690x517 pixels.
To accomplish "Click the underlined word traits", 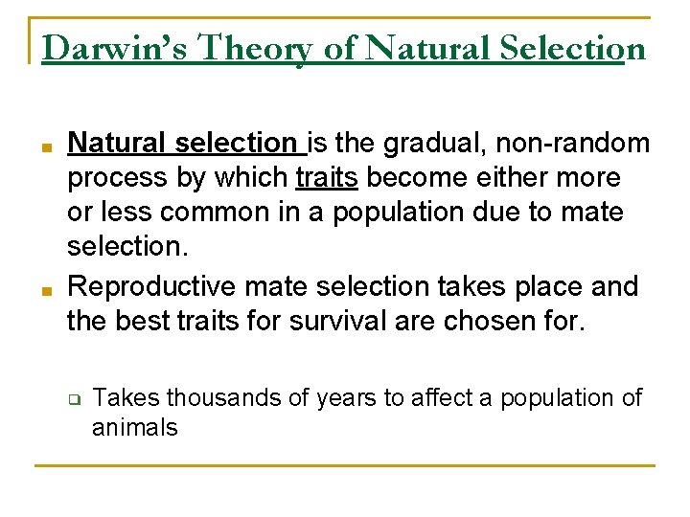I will tap(327, 178).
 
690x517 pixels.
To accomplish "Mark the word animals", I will tap(135, 427).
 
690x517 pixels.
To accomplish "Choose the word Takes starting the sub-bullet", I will tap(118, 397).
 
